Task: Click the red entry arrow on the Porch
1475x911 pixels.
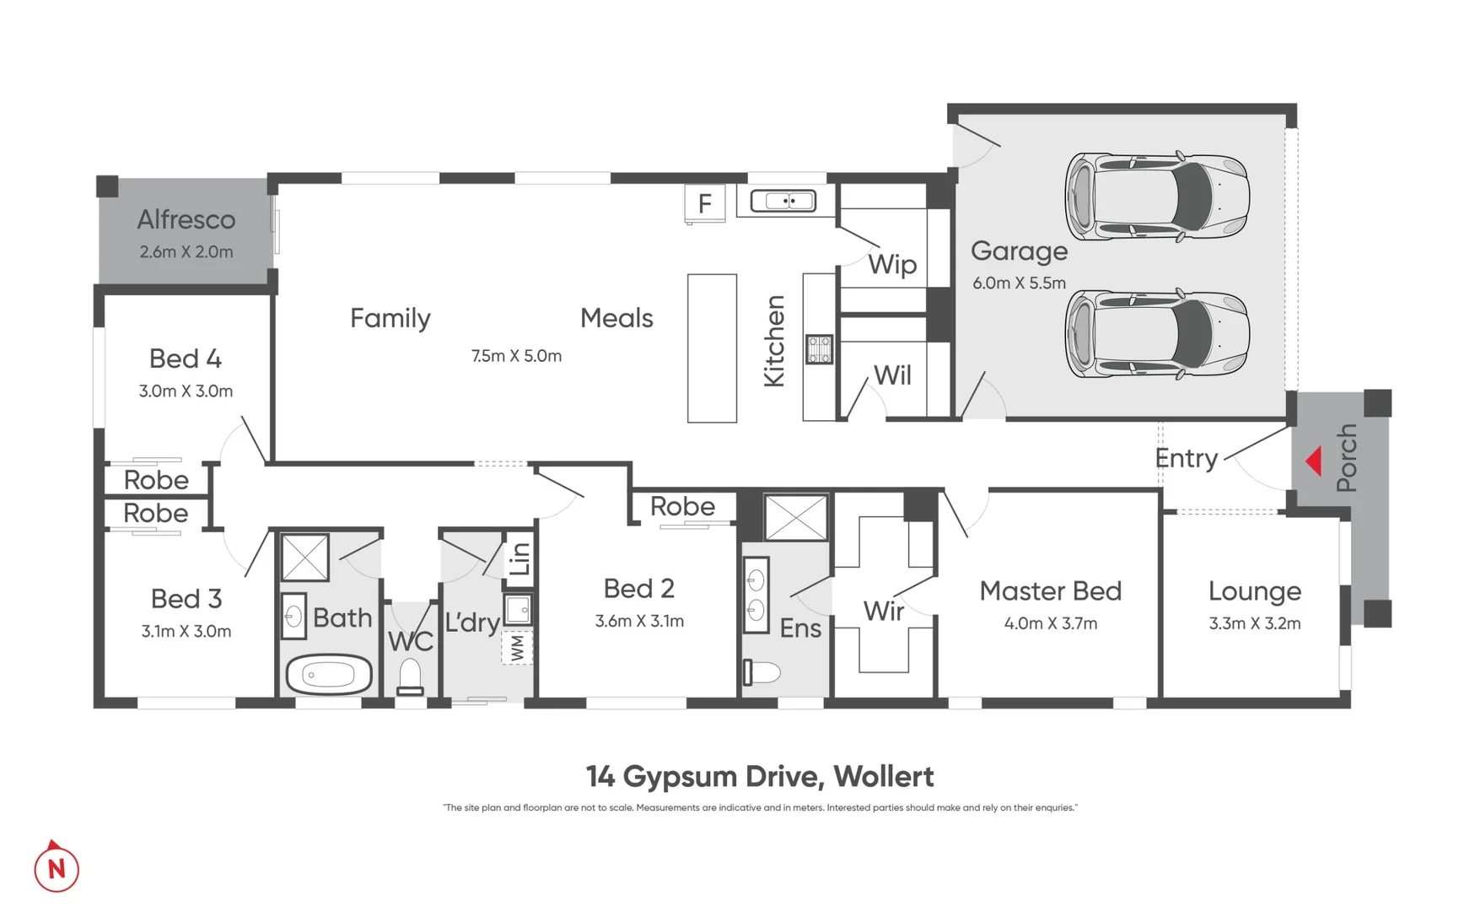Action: pos(1313,461)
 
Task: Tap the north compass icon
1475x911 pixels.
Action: pos(57,868)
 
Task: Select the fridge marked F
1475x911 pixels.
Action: pos(705,203)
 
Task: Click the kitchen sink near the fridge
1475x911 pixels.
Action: pos(783,201)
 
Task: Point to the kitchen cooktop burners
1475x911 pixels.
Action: pos(819,349)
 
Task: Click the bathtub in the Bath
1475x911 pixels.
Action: pos(329,675)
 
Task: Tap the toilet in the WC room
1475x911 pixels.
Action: pos(411,677)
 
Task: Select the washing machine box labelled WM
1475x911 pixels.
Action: pos(517,648)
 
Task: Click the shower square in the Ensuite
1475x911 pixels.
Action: pos(795,517)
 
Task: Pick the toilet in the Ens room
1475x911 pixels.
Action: pos(762,672)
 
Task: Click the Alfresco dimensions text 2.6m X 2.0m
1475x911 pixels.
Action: pos(186,251)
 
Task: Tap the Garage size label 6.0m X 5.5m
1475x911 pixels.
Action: pos(1019,283)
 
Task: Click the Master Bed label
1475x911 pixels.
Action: pos(1050,590)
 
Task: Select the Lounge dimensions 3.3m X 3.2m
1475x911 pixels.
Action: pos(1254,623)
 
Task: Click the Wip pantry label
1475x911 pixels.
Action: pos(892,264)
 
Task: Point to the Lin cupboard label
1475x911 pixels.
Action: pos(519,558)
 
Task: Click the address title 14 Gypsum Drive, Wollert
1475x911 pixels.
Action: pos(759,776)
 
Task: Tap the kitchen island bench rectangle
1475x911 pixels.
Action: pos(712,348)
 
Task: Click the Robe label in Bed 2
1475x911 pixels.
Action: pos(682,506)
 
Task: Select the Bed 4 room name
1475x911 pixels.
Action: pos(186,358)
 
